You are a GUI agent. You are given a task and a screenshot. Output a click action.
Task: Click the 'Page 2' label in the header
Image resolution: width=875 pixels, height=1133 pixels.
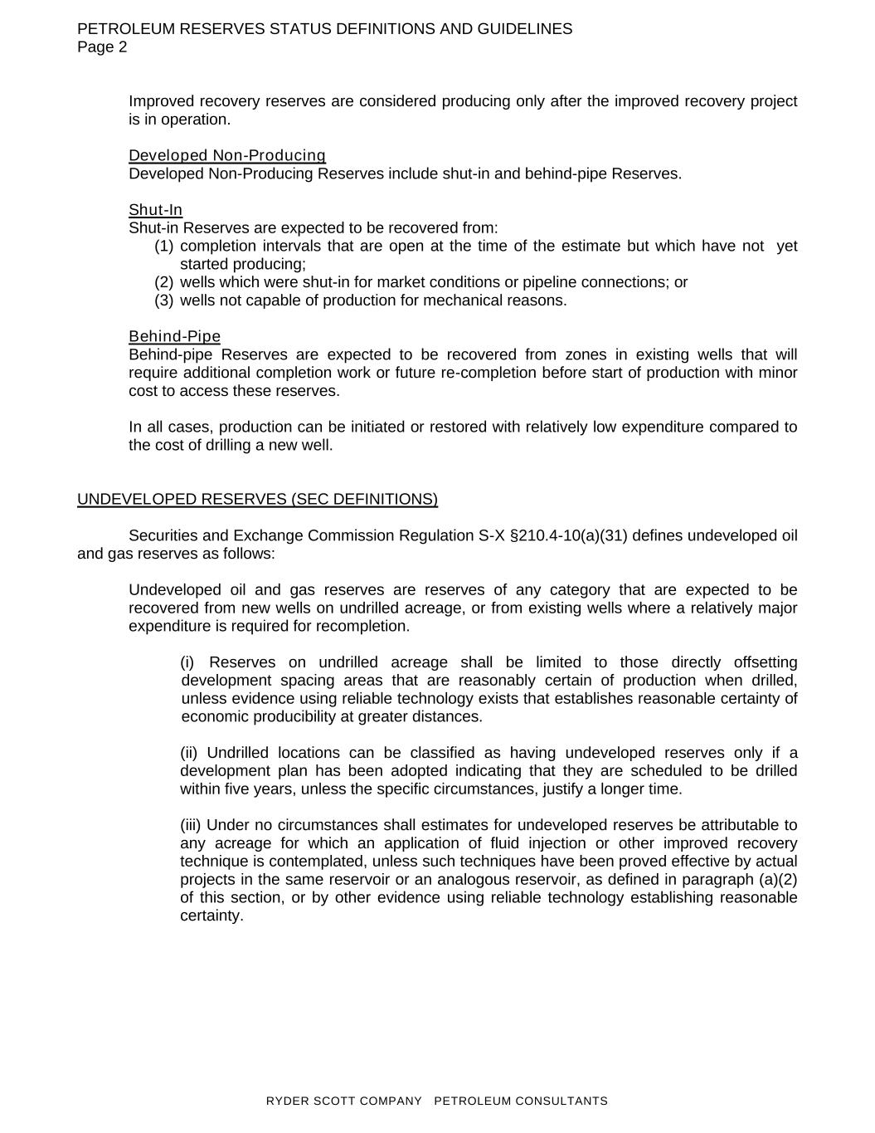click(102, 47)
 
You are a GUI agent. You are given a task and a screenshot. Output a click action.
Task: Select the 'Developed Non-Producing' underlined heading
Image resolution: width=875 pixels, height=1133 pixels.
click(227, 156)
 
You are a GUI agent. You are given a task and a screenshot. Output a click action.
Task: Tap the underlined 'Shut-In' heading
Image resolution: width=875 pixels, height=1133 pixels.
click(155, 210)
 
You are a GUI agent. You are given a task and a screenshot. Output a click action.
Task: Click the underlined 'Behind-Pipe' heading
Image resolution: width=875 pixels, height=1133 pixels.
click(174, 336)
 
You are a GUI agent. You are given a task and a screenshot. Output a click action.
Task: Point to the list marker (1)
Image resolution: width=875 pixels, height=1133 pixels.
click(164, 247)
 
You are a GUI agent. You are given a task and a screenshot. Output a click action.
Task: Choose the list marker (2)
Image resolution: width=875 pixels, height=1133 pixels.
click(164, 282)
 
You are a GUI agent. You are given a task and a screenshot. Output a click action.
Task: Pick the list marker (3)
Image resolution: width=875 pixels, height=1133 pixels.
click(164, 300)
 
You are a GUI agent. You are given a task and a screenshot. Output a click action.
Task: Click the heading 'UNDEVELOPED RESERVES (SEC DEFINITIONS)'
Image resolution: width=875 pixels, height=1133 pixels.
click(257, 499)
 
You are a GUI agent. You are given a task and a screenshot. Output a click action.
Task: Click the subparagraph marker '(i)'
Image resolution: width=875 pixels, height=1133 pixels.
click(187, 662)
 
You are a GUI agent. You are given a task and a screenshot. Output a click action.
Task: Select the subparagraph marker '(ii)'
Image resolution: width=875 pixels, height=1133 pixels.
click(189, 753)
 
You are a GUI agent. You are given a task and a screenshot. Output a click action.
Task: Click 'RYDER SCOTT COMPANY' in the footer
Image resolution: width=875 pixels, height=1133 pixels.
click(343, 1101)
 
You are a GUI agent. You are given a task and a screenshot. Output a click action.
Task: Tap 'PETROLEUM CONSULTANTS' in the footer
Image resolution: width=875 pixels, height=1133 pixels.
click(521, 1101)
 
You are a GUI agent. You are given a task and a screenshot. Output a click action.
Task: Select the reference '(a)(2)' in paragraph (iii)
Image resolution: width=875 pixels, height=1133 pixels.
click(778, 880)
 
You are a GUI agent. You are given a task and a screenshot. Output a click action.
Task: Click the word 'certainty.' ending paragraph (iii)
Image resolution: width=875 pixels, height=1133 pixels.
click(211, 916)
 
